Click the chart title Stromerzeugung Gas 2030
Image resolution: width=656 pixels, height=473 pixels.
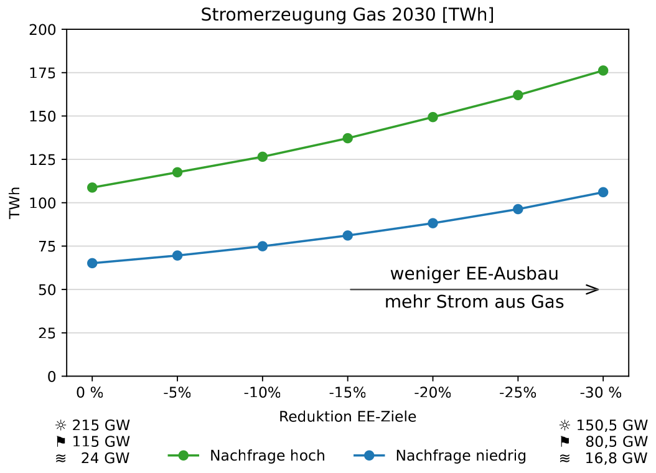[x=347, y=15]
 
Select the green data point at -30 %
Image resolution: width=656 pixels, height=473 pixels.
[x=602, y=70]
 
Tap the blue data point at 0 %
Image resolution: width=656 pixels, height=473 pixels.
[x=92, y=263]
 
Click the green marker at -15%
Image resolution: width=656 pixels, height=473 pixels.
[x=347, y=138]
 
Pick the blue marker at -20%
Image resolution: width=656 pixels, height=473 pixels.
[x=433, y=223]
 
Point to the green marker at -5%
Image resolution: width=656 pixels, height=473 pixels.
[x=177, y=172]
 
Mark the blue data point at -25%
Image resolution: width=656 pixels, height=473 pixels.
[x=518, y=209]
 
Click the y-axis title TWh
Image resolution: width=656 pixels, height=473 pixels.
[x=15, y=203]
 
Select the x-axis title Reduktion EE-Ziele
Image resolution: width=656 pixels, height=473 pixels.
[x=347, y=417]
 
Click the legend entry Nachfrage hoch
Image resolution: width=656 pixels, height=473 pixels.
[x=267, y=456]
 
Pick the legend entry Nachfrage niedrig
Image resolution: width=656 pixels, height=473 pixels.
[x=461, y=456]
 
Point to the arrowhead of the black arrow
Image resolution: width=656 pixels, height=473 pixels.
[x=596, y=289]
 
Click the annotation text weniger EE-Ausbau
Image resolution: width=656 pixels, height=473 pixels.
[x=474, y=274]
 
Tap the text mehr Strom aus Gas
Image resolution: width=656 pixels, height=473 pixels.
[x=474, y=303]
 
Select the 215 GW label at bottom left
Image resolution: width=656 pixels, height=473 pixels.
[x=101, y=426]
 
